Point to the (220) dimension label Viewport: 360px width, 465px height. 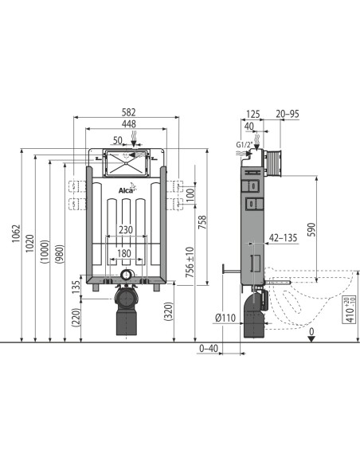[76, 317]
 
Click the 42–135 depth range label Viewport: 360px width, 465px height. [283, 236]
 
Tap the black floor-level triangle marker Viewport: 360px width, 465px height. [311, 338]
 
